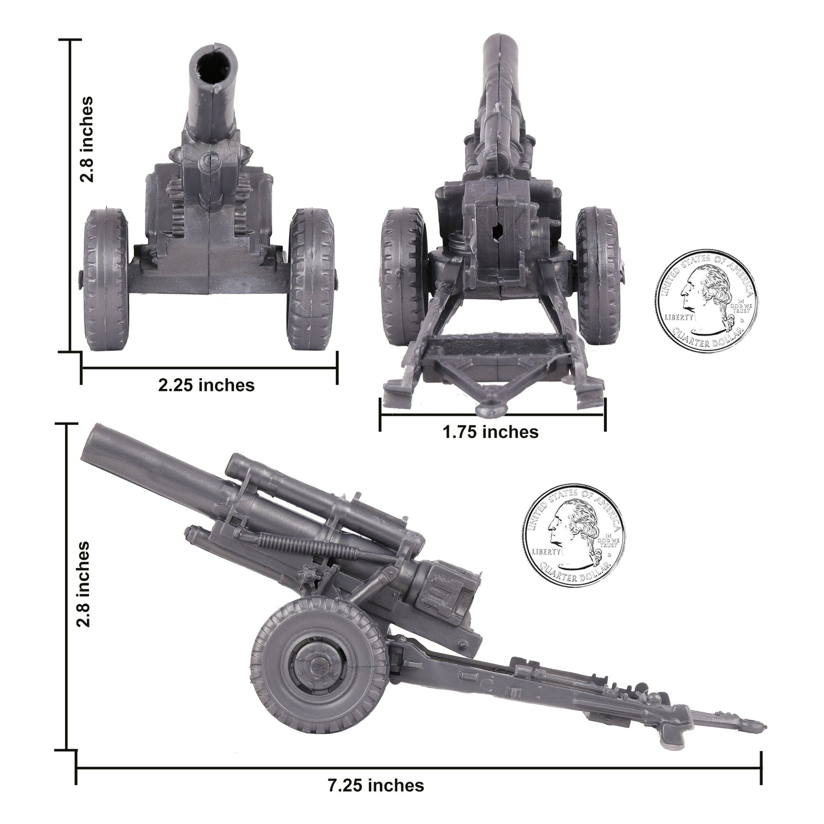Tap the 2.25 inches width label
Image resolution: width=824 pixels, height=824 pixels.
tap(206, 385)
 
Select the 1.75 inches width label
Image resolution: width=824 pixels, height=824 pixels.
tap(490, 432)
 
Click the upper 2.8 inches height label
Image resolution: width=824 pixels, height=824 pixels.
tap(87, 139)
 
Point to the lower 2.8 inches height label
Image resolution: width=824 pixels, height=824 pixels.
tap(84, 584)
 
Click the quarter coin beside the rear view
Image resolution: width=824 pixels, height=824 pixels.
tap(707, 300)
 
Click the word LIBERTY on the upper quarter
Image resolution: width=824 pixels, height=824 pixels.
tap(678, 316)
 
